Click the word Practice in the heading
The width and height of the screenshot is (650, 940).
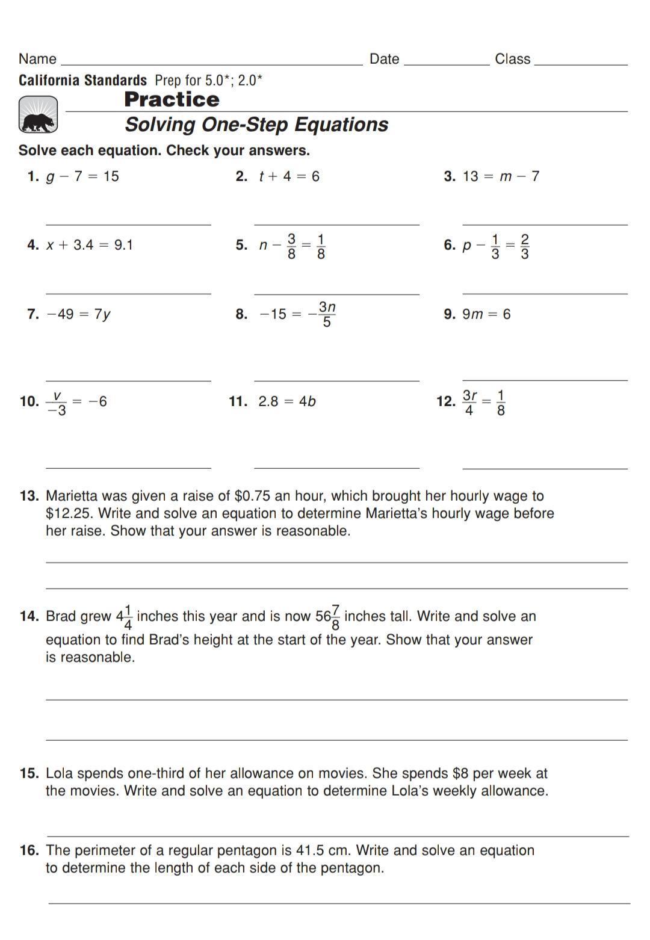pyautogui.click(x=172, y=100)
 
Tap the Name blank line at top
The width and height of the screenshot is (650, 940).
pyautogui.click(x=212, y=64)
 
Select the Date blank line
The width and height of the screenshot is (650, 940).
pyautogui.click(x=447, y=64)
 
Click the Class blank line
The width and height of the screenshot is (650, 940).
pyautogui.click(x=580, y=64)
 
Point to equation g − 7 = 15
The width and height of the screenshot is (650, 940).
pyautogui.click(x=82, y=176)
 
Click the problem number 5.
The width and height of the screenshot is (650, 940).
pyautogui.click(x=242, y=245)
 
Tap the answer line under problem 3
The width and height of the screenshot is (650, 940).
pyautogui.click(x=545, y=224)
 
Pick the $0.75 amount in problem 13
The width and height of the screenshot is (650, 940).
pyautogui.click(x=253, y=496)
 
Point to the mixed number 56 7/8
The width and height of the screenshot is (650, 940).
pyautogui.click(x=328, y=617)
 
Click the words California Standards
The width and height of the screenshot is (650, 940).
pyautogui.click(x=82, y=81)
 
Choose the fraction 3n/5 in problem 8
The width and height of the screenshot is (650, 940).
pyautogui.click(x=326, y=314)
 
